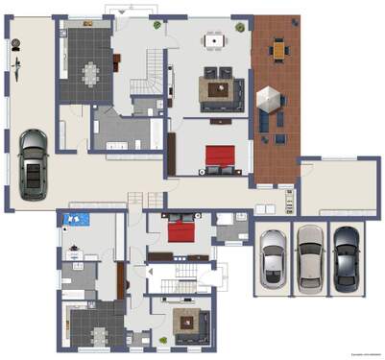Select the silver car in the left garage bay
click(273, 258)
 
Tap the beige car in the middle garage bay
click(309, 256)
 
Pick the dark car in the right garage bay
click(344, 256)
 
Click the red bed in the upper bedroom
click(219, 155)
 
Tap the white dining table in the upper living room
click(213, 40)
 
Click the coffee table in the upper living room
click(218, 89)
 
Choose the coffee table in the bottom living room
click(184, 324)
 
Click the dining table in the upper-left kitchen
click(93, 71)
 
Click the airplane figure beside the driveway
click(16, 64)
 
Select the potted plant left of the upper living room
click(157, 27)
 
